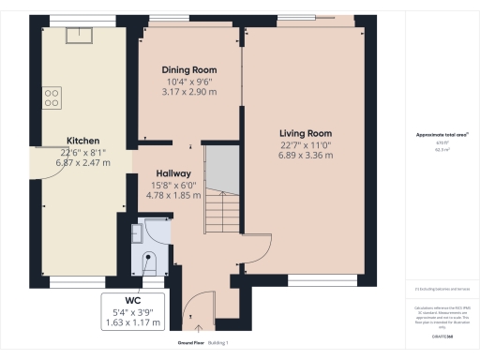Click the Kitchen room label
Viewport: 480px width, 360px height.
pyautogui.click(x=82, y=142)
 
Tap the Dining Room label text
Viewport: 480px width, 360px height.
pyautogui.click(x=190, y=70)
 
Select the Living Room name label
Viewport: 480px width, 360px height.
pyautogui.click(x=305, y=134)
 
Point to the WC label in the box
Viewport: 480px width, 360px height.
pyautogui.click(x=132, y=302)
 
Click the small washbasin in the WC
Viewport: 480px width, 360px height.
pyautogui.click(x=137, y=233)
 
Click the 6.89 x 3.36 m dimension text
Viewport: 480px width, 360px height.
pyautogui.click(x=305, y=155)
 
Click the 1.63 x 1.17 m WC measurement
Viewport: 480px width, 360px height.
pyautogui.click(x=132, y=323)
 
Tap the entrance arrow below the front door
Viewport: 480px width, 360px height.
pyautogui.click(x=200, y=328)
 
